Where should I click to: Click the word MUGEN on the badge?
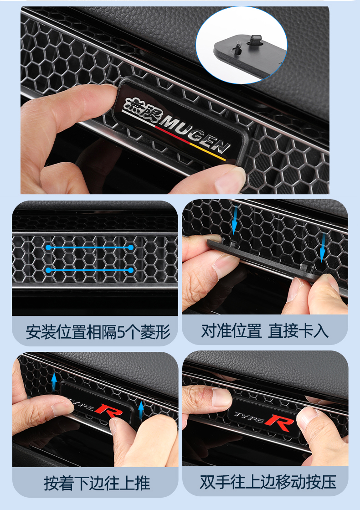point(194,133)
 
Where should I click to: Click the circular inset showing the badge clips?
point(242,45)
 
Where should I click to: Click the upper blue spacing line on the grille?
point(89,247)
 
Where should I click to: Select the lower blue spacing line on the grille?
point(89,270)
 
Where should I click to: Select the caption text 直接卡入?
point(298,331)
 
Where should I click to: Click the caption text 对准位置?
point(231,331)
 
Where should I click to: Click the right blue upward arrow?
point(141,410)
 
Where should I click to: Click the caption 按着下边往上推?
point(97,483)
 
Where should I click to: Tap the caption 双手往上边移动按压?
point(267,482)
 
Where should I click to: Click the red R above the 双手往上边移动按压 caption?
point(280,423)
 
